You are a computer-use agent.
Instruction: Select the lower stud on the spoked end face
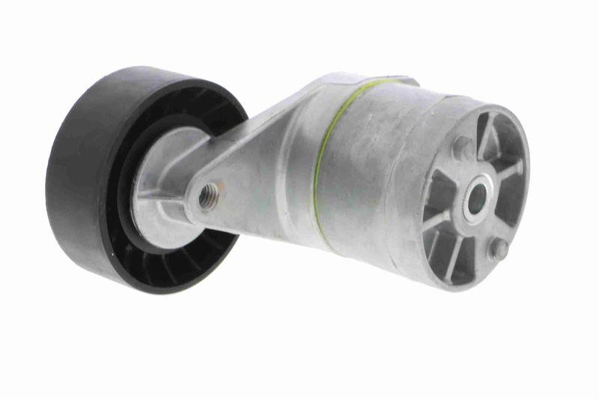click(x=497, y=249)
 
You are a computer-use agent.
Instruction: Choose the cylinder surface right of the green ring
click(x=367, y=165)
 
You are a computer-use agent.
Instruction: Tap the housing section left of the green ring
click(x=292, y=172)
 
